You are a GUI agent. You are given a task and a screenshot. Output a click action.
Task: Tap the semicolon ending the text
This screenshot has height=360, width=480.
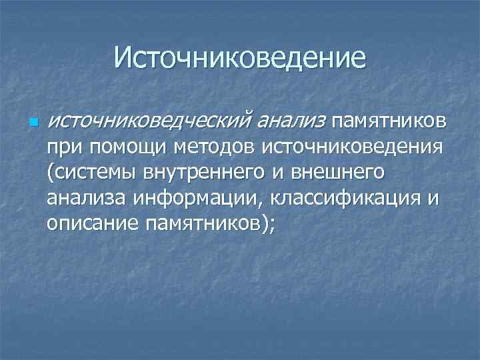click(x=271, y=225)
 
